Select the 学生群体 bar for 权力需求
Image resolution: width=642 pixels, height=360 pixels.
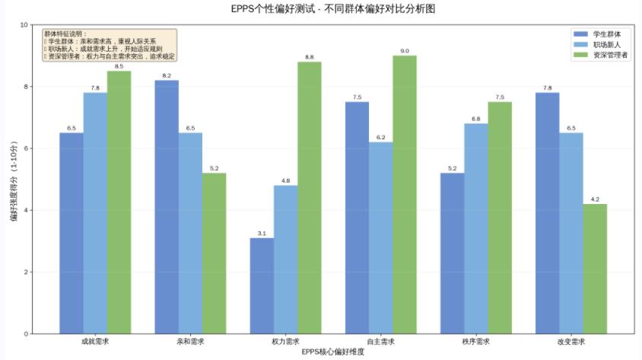[262, 285]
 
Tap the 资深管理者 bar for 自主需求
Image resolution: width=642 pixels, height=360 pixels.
[405, 194]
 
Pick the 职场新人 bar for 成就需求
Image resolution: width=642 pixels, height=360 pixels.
[95, 213]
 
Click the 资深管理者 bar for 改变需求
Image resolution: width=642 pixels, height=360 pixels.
[595, 269]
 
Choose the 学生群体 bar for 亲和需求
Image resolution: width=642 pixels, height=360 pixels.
[167, 206]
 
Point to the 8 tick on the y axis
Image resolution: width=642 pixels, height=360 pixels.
[24, 87]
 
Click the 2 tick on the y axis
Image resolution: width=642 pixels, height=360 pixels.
[24, 272]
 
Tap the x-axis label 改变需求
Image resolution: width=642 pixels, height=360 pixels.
[571, 342]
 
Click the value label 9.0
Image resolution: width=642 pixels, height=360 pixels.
[405, 51]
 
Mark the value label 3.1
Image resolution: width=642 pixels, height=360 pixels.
[262, 233]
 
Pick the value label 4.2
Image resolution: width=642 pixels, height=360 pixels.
[595, 199]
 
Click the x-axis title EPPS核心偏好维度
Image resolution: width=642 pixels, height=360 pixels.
[333, 352]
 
